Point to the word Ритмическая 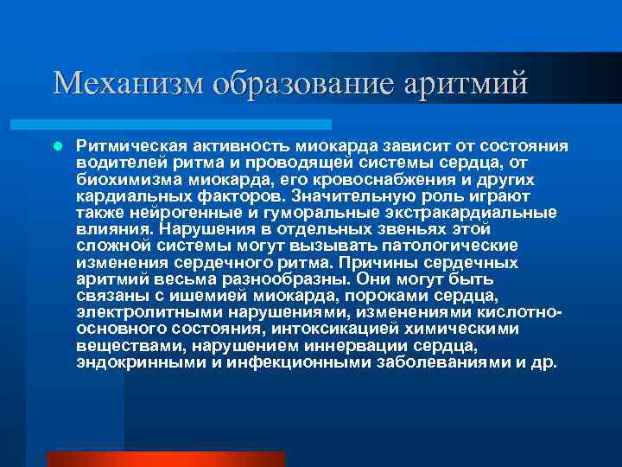point(129,146)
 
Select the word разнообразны point(271,278)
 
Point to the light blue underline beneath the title point(191,125)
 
